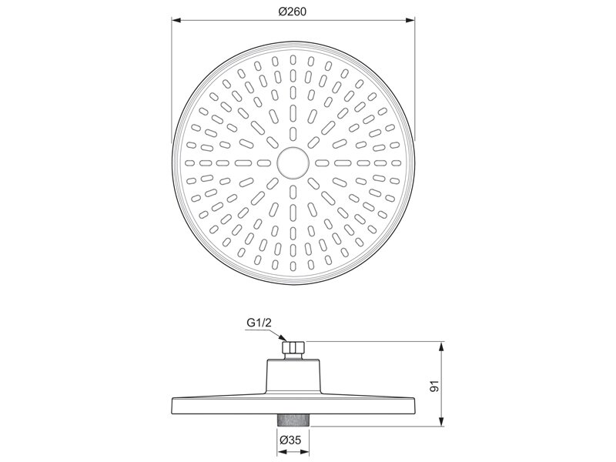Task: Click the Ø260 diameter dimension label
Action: (292, 12)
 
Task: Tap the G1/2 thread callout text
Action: (259, 323)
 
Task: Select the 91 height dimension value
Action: (434, 387)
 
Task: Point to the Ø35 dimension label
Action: (291, 440)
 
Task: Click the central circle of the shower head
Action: (293, 162)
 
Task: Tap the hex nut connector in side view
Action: (293, 347)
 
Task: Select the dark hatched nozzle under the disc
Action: (293, 420)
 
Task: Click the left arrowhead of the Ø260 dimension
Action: (176, 21)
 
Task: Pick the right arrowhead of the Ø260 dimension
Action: (410, 21)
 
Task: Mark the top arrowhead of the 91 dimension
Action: (441, 346)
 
